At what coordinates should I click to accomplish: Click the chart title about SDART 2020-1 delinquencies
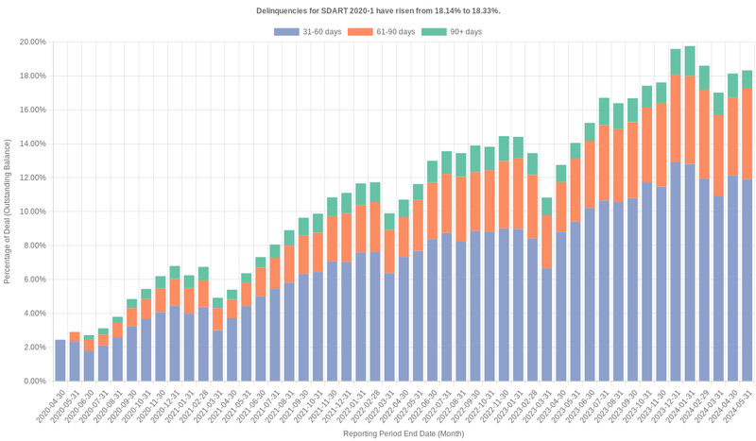[378, 10]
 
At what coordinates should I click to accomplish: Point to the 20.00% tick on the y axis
[32, 42]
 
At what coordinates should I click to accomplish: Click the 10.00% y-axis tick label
[32, 212]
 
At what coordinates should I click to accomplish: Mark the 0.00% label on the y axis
[34, 381]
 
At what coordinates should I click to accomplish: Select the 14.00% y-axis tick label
[32, 144]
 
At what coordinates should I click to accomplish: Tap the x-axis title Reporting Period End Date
[404, 433]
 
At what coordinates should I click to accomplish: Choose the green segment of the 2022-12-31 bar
[504, 148]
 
